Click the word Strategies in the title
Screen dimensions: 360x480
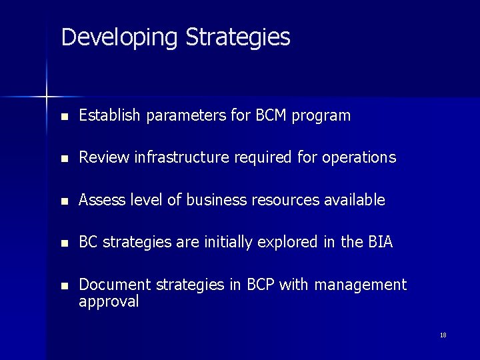coord(238,37)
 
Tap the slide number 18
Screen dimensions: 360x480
coord(443,335)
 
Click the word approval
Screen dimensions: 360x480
coord(109,302)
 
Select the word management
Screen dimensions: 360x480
coord(360,285)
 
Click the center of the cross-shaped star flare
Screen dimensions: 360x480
coord(47,97)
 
